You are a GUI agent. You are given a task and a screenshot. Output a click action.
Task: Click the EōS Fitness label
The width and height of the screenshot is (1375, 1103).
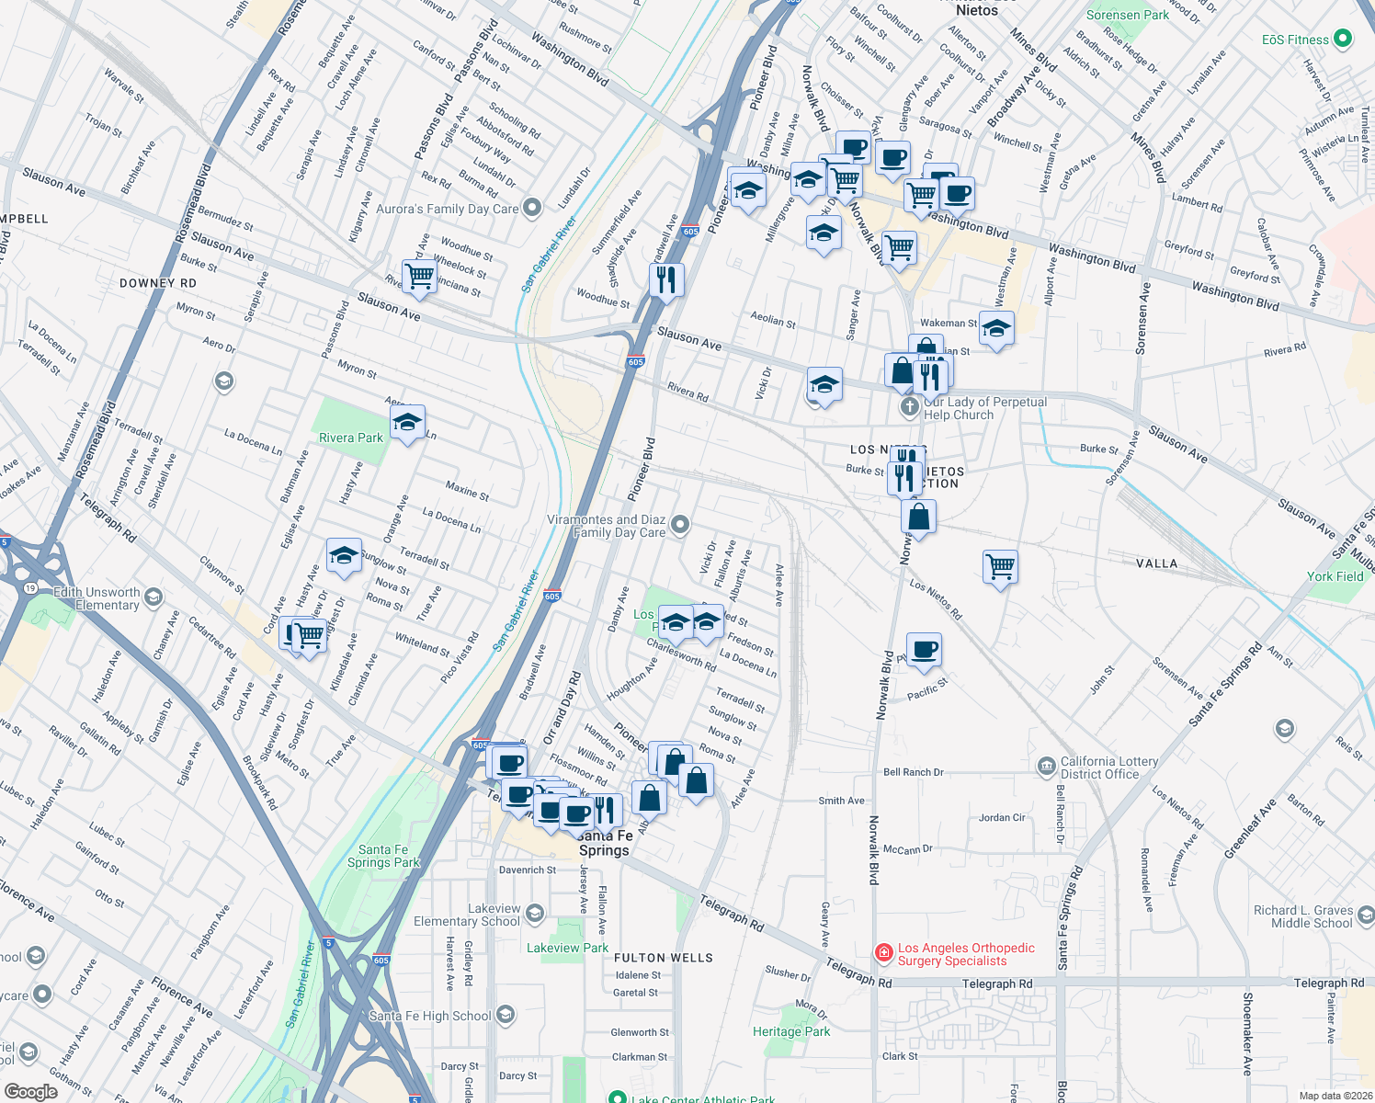(x=1294, y=40)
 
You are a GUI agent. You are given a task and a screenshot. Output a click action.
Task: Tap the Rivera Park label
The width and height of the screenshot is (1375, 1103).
(x=350, y=438)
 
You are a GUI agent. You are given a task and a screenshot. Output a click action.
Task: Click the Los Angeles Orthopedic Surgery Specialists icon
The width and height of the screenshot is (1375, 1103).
(x=883, y=953)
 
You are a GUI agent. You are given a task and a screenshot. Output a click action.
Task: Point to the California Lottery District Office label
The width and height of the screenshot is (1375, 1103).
(x=1108, y=768)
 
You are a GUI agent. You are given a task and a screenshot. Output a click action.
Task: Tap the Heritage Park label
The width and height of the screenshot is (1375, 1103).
(x=790, y=1031)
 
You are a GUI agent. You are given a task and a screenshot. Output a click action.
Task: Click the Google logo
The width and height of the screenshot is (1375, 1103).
(x=30, y=1092)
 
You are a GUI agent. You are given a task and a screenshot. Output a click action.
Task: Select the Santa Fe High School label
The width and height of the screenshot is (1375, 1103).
(x=429, y=1016)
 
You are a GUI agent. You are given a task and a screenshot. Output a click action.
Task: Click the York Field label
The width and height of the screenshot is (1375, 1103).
(x=1335, y=576)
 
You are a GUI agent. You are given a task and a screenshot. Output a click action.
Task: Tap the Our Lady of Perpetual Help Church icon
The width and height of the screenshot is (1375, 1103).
(x=909, y=407)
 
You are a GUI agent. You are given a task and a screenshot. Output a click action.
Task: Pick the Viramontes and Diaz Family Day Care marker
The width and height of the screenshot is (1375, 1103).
(x=679, y=525)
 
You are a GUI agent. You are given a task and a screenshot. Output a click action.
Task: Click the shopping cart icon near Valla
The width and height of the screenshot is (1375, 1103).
(x=999, y=565)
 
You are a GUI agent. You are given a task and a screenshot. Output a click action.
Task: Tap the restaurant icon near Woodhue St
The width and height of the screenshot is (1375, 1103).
(x=666, y=279)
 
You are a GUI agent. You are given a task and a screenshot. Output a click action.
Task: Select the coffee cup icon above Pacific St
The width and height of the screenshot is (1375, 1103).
(x=924, y=649)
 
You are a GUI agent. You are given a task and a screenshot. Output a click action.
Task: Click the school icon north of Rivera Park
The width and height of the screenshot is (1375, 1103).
(x=406, y=422)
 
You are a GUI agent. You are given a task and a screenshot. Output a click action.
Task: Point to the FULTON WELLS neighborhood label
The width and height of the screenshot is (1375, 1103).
(x=663, y=958)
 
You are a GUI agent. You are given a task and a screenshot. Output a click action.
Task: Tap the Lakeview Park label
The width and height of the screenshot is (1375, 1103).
(x=567, y=948)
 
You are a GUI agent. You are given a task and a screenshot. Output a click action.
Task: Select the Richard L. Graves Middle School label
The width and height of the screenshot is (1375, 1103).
(x=1302, y=916)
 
